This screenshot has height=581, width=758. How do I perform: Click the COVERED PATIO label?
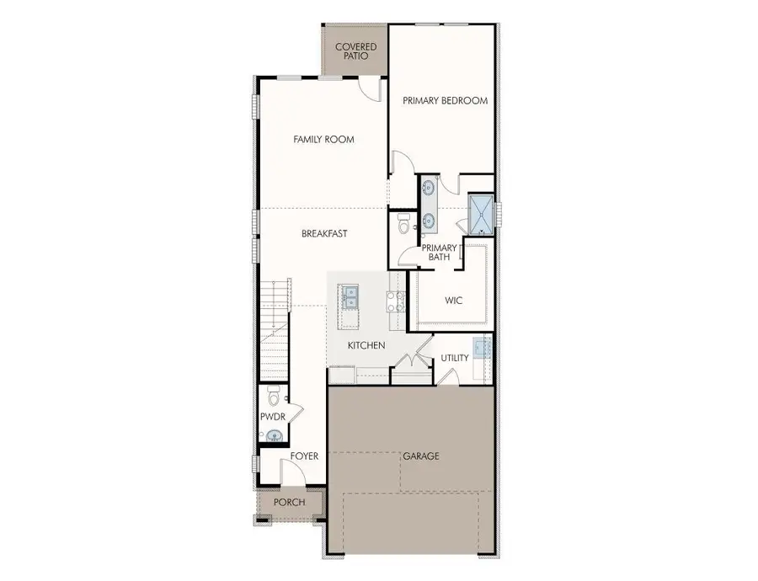356,51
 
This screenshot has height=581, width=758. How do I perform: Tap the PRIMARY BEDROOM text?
445,100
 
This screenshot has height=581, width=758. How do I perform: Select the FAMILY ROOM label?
323,140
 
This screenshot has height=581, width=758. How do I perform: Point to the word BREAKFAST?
324,233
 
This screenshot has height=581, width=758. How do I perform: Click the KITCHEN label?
366,346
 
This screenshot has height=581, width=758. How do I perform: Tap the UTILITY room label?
455,358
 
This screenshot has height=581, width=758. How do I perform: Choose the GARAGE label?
420,456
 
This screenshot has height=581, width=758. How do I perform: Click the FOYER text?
304,456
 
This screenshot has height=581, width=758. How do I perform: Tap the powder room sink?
272,436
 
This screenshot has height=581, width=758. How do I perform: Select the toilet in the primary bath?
403,226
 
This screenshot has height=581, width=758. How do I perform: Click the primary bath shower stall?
479,214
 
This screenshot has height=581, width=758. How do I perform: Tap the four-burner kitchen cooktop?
392,301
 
